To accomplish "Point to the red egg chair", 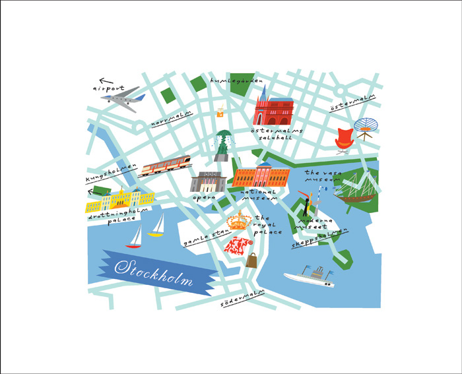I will (x=345, y=140).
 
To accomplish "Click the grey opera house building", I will (x=208, y=181).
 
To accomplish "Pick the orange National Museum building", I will (x=261, y=177).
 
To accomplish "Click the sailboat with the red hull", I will (x=134, y=236).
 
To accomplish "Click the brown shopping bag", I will (x=251, y=260).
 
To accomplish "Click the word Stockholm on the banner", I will (x=153, y=271).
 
